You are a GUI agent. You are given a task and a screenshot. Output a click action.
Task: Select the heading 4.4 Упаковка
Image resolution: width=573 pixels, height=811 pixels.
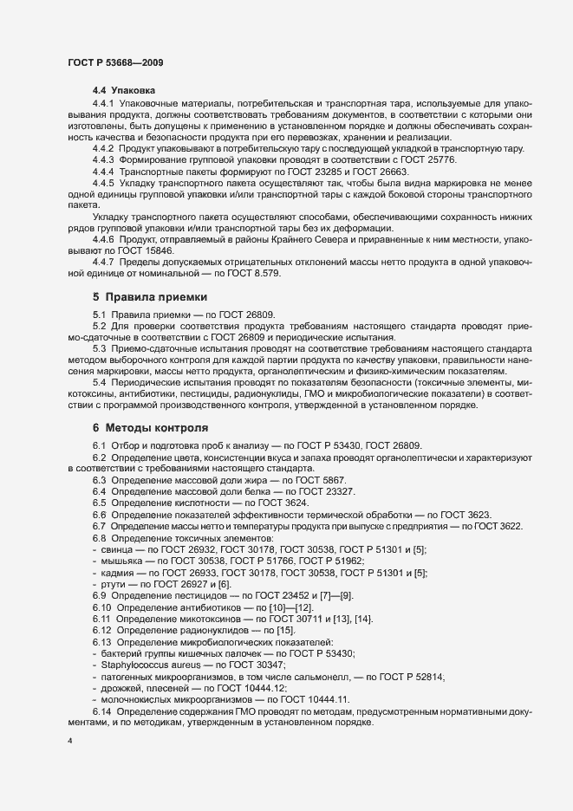pos(124,90)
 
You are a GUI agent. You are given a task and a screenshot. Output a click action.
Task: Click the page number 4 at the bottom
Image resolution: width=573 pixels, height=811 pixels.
pos(70,740)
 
